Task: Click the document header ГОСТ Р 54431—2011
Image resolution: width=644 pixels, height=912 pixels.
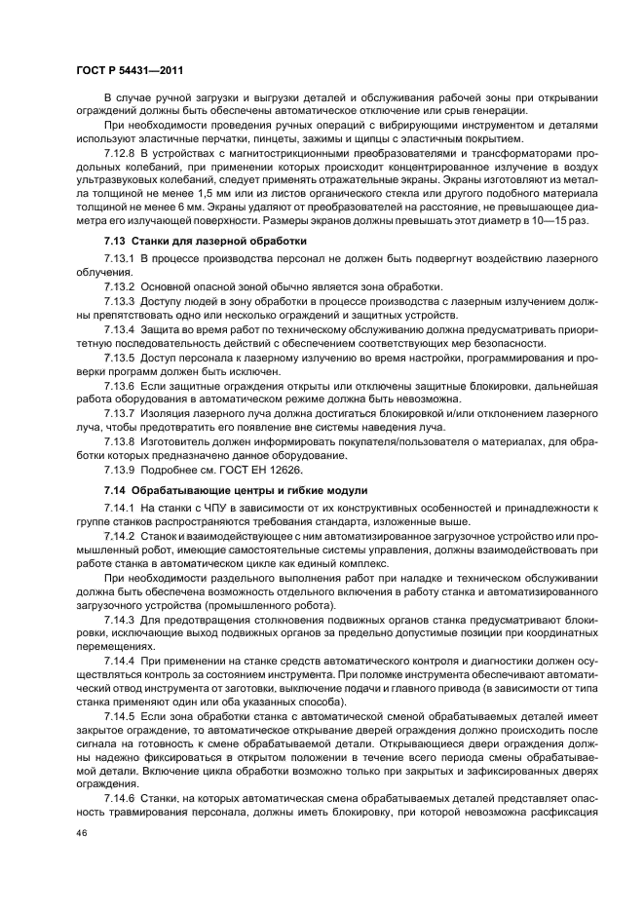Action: tap(130, 71)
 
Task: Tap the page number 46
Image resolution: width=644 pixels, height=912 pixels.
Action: tap(82, 834)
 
